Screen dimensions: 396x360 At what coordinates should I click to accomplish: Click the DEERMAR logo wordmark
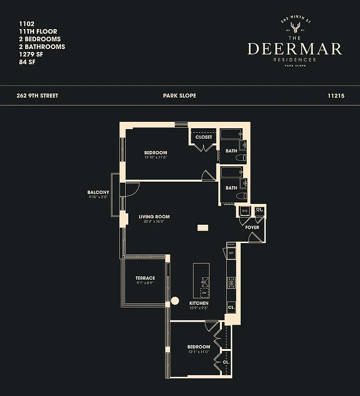coord(294,49)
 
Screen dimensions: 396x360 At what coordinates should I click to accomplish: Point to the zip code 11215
coord(336,96)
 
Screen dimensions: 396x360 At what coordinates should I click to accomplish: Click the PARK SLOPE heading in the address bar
coord(179,96)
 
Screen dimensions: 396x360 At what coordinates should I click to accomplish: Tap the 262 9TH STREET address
coord(37,96)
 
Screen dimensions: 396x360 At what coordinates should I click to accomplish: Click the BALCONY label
coord(98,192)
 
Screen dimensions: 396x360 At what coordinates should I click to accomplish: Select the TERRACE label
coord(145,278)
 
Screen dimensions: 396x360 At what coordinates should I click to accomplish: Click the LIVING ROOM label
coord(154,216)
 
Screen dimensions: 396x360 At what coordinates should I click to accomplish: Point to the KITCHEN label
coord(199,303)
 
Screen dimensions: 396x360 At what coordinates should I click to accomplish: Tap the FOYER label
coord(252,227)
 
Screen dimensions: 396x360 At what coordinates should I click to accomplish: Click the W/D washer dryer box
coord(244,211)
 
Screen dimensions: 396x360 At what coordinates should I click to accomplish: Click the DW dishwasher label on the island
coord(204,293)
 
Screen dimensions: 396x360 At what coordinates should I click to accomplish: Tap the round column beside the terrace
coord(175,300)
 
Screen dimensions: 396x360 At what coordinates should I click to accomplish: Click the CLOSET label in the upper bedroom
coord(204,137)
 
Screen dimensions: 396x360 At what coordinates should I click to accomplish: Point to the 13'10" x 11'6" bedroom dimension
coord(155,157)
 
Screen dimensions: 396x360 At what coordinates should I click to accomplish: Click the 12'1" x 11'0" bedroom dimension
coord(199,352)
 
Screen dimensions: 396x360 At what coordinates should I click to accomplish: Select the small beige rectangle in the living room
coord(203,228)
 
